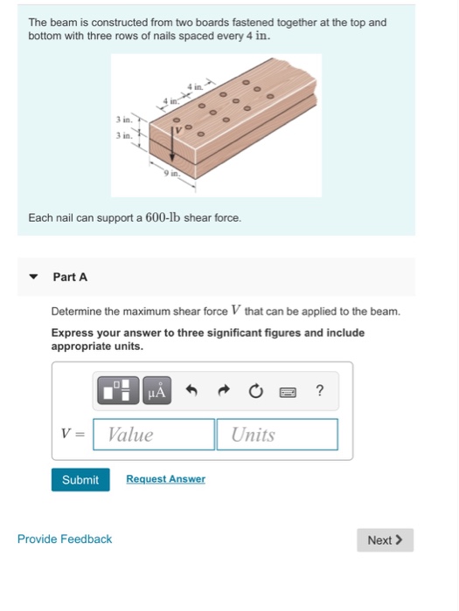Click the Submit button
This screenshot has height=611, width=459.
(80, 480)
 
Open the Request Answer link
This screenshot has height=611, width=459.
(165, 479)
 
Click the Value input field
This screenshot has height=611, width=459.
(154, 435)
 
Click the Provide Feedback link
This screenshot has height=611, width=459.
(65, 539)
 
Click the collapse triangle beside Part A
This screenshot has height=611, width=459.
(33, 277)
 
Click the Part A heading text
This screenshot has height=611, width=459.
(70, 277)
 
